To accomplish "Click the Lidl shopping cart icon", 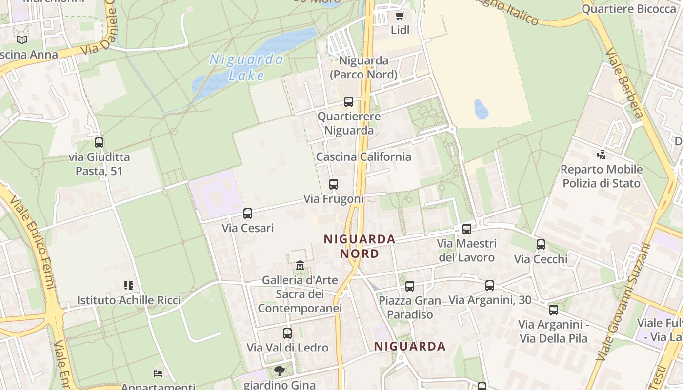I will tap(400, 16).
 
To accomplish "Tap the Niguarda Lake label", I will tap(246, 67).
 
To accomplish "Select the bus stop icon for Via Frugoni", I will tap(334, 184).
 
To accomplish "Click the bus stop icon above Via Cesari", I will tap(248, 213).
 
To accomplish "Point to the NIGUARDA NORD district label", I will tap(360, 246).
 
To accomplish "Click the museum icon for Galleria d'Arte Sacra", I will tap(300, 266).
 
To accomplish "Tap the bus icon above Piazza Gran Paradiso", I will tap(410, 286).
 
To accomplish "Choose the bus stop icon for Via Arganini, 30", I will tap(490, 286).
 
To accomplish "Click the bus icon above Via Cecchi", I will tap(541, 245).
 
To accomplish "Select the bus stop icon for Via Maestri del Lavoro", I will tap(467, 229).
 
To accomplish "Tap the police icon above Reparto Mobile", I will tap(601, 155).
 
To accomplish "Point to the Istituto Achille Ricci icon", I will tap(129, 286).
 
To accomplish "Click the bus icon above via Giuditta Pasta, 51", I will tap(99, 143).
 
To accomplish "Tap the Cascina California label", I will tap(363, 157).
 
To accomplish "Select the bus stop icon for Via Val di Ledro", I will tap(287, 333).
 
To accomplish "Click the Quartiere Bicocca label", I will tap(628, 9).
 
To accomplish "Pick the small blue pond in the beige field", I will tap(481, 110).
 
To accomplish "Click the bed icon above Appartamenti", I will tap(158, 374).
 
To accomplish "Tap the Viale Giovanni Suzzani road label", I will tap(624, 302).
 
